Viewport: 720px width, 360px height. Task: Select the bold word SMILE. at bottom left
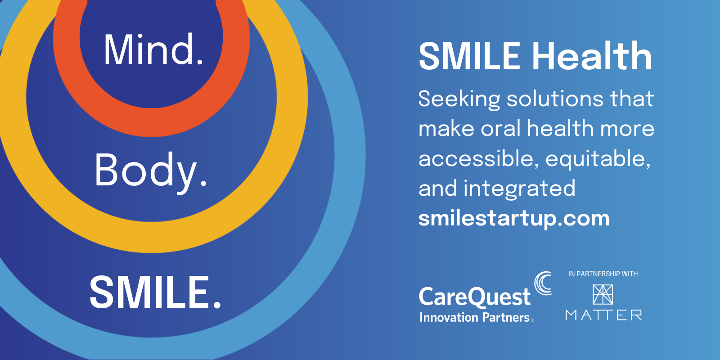point(155,292)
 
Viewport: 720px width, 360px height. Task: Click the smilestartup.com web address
point(514,218)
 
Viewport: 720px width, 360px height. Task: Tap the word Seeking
point(459,99)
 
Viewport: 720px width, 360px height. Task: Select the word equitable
point(598,159)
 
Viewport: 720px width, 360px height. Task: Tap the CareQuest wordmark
point(475,297)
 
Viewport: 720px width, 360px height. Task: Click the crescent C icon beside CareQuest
point(543,283)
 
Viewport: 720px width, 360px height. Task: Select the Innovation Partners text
point(475,318)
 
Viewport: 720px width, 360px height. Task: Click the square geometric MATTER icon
point(603,295)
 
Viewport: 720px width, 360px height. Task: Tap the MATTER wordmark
point(603,315)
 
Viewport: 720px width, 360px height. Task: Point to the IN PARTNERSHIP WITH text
point(603,274)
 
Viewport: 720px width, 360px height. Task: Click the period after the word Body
point(203,183)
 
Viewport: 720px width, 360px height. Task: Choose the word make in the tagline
point(446,129)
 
